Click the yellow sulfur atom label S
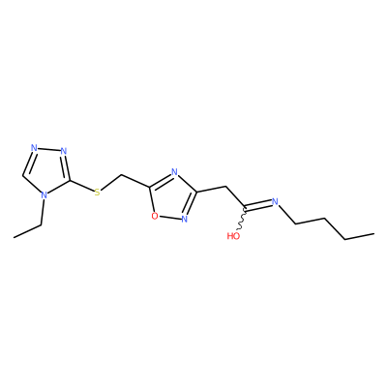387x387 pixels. [98, 193]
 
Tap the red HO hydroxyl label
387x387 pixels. [233, 236]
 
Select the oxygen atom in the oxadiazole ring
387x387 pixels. [155, 216]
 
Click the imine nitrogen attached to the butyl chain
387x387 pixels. [275, 202]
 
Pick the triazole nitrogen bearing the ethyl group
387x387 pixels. [45, 195]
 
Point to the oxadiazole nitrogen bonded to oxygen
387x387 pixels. [185, 220]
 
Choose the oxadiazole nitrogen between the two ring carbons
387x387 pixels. [174, 171]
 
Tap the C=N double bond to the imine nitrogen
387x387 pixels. [257, 205]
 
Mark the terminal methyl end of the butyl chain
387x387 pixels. [373, 233]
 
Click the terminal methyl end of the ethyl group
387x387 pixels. [15, 238]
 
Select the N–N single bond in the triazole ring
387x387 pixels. [48, 149]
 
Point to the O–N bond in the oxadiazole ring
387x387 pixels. [169, 218]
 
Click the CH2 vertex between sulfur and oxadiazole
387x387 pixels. [121, 175]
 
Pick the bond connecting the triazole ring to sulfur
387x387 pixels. [81, 187]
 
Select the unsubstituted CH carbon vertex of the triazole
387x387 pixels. [23, 176]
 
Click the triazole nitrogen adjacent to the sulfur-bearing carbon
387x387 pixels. [64, 151]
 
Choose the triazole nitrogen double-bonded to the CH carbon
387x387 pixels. [34, 148]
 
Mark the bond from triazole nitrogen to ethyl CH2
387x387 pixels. [43, 212]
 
